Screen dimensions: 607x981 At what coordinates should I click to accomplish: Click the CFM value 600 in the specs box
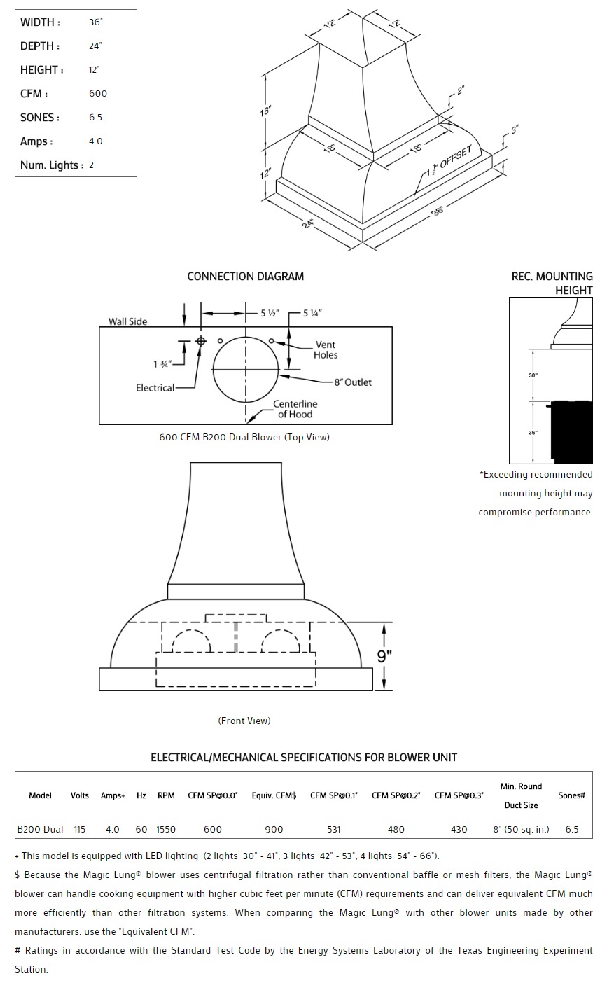point(97,93)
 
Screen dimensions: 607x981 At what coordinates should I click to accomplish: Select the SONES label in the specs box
point(40,118)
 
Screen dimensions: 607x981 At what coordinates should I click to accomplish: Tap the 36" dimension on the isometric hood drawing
point(438,211)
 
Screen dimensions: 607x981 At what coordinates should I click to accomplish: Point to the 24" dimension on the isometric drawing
point(308,223)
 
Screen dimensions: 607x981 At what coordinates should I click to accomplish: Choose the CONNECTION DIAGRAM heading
point(245,277)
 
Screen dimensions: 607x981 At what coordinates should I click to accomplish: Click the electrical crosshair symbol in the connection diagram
point(201,341)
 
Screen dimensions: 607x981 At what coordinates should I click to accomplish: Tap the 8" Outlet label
point(353,382)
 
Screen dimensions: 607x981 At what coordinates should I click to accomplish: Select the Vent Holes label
point(326,350)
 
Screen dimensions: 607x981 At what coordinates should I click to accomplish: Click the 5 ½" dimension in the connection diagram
point(270,313)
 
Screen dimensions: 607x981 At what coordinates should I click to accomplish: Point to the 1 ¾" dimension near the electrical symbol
point(162,364)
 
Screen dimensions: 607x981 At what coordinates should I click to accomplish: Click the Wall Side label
point(128,321)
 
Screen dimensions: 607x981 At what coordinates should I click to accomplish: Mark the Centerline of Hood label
point(295,409)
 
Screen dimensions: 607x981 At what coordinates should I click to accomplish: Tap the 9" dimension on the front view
point(384,656)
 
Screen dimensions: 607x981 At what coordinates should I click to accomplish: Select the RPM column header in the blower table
point(166,795)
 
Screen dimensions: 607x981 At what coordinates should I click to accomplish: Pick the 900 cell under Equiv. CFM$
point(274,829)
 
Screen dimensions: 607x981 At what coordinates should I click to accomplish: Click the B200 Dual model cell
point(41,829)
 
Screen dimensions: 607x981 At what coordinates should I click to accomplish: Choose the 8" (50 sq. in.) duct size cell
point(521,829)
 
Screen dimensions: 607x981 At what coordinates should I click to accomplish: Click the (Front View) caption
point(244,721)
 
